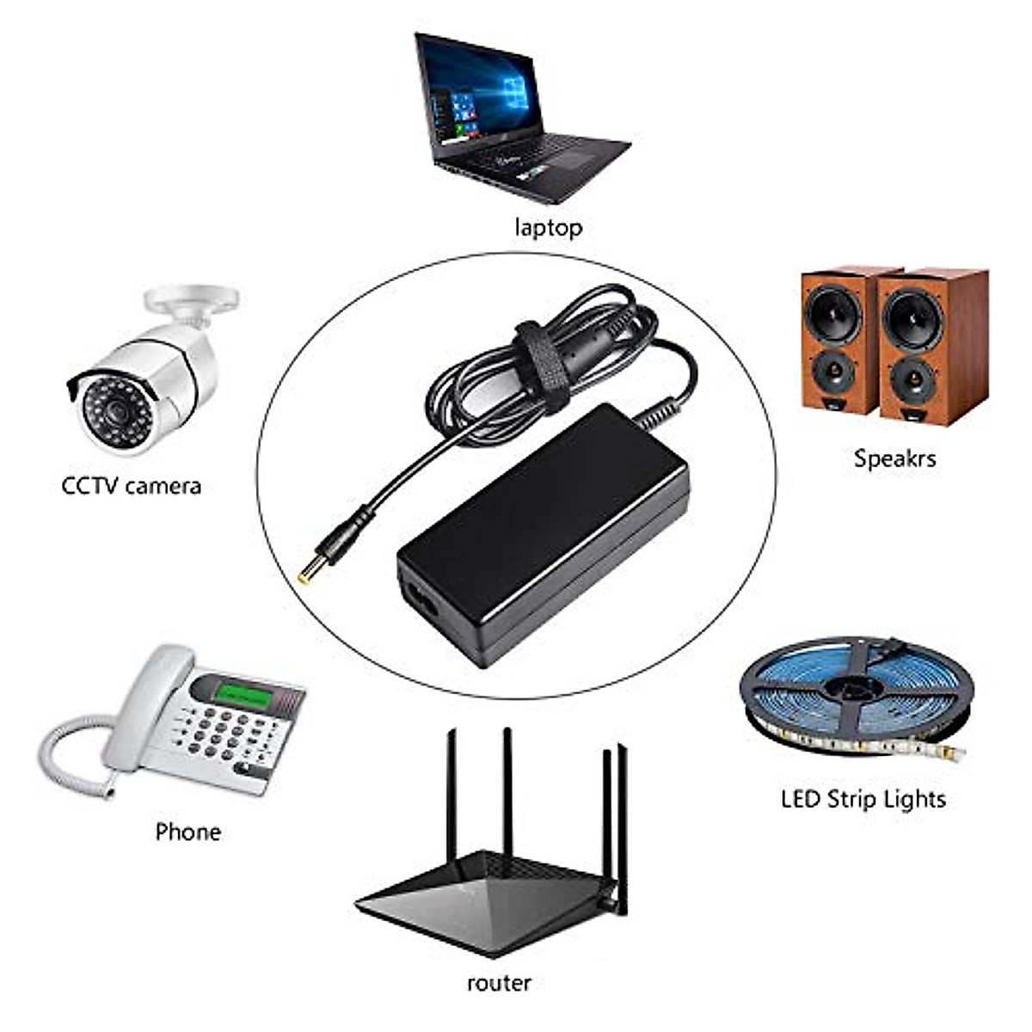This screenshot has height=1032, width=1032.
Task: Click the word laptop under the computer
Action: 548,227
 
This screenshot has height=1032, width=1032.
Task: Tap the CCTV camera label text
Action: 132,486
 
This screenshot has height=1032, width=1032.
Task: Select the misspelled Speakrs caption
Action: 894,458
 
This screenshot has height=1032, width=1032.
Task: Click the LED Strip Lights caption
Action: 863,799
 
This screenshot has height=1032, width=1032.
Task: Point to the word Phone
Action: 187,832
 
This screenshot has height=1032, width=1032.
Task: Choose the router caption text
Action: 499,983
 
